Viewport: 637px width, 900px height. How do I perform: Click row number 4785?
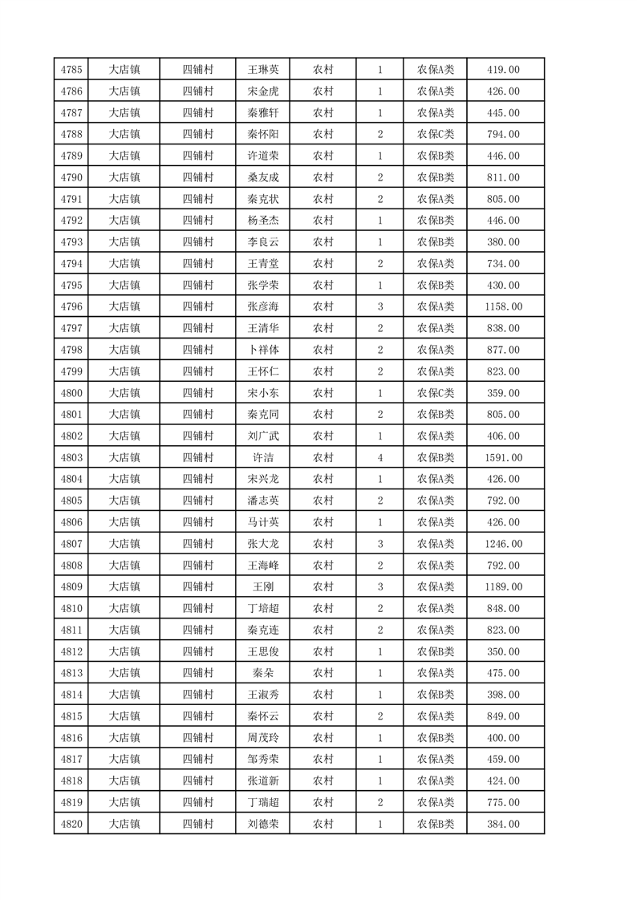[71, 70]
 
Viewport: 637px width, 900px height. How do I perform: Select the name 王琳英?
[263, 70]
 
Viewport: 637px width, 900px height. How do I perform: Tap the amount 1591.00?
[503, 457]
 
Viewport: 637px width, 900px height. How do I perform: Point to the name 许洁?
[263, 457]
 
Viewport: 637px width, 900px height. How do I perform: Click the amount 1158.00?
[503, 306]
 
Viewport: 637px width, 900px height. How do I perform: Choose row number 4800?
[71, 393]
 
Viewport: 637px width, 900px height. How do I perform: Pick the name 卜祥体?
[263, 350]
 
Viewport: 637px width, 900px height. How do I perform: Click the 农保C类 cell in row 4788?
[435, 135]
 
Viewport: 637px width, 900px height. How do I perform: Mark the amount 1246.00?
[503, 544]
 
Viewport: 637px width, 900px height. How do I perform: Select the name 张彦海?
[263, 306]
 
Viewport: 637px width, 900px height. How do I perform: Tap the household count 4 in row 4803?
[379, 457]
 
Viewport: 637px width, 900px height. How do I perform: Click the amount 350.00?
[503, 651]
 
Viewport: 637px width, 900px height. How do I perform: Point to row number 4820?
[71, 824]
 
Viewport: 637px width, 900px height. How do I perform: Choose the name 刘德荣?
[263, 824]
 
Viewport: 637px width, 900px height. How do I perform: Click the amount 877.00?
[503, 350]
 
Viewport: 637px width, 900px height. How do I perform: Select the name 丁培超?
[263, 608]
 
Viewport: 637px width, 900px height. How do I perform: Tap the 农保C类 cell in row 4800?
[435, 393]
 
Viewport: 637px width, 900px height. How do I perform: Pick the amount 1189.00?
[503, 586]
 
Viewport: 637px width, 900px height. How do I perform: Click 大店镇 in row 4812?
[124, 651]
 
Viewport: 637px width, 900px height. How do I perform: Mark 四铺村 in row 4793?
[197, 242]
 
